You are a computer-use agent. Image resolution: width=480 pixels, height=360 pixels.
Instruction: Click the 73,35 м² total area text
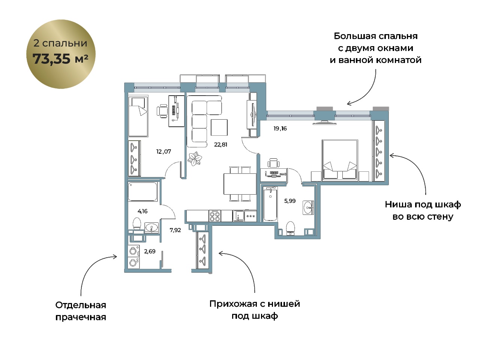(x=60, y=58)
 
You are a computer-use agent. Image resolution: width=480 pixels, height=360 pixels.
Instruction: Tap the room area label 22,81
(x=220, y=144)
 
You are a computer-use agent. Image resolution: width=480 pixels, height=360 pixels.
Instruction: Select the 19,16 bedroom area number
(x=280, y=128)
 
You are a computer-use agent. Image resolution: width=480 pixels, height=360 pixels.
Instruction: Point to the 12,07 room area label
(x=163, y=151)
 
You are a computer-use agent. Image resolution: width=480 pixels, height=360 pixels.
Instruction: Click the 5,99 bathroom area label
(x=290, y=201)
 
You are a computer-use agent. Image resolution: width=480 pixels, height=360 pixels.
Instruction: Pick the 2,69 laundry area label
(x=150, y=251)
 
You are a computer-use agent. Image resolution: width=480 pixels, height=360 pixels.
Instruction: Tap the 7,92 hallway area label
(x=175, y=230)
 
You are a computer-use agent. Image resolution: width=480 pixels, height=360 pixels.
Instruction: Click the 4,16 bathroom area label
(x=142, y=211)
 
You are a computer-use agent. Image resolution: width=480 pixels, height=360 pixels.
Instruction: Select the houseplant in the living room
(x=195, y=159)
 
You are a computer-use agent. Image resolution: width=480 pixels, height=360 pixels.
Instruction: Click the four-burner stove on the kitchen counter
(x=215, y=216)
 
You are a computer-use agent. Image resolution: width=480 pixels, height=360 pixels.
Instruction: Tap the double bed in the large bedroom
(x=340, y=160)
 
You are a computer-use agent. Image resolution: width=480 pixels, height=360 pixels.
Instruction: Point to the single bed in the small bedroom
(x=138, y=116)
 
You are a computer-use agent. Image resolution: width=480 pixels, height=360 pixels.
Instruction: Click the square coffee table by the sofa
(x=219, y=127)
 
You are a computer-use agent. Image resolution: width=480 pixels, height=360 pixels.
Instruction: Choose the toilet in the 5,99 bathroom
(x=290, y=228)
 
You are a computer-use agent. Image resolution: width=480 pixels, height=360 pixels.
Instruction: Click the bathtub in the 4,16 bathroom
(x=142, y=192)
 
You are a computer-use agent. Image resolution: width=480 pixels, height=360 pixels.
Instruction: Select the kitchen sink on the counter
(x=238, y=216)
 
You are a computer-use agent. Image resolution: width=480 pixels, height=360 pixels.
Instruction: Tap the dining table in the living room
(x=240, y=184)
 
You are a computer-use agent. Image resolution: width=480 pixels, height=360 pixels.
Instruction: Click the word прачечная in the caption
(x=81, y=317)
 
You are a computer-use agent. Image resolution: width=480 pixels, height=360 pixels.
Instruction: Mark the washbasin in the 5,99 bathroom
(x=308, y=208)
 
